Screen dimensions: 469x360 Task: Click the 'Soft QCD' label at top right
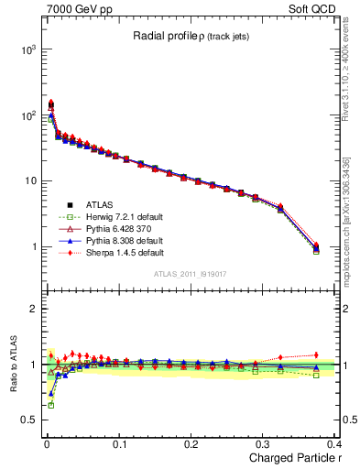click(317, 8)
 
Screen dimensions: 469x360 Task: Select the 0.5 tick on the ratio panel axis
click(27, 420)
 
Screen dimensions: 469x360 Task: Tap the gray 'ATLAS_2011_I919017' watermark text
click(193, 273)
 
